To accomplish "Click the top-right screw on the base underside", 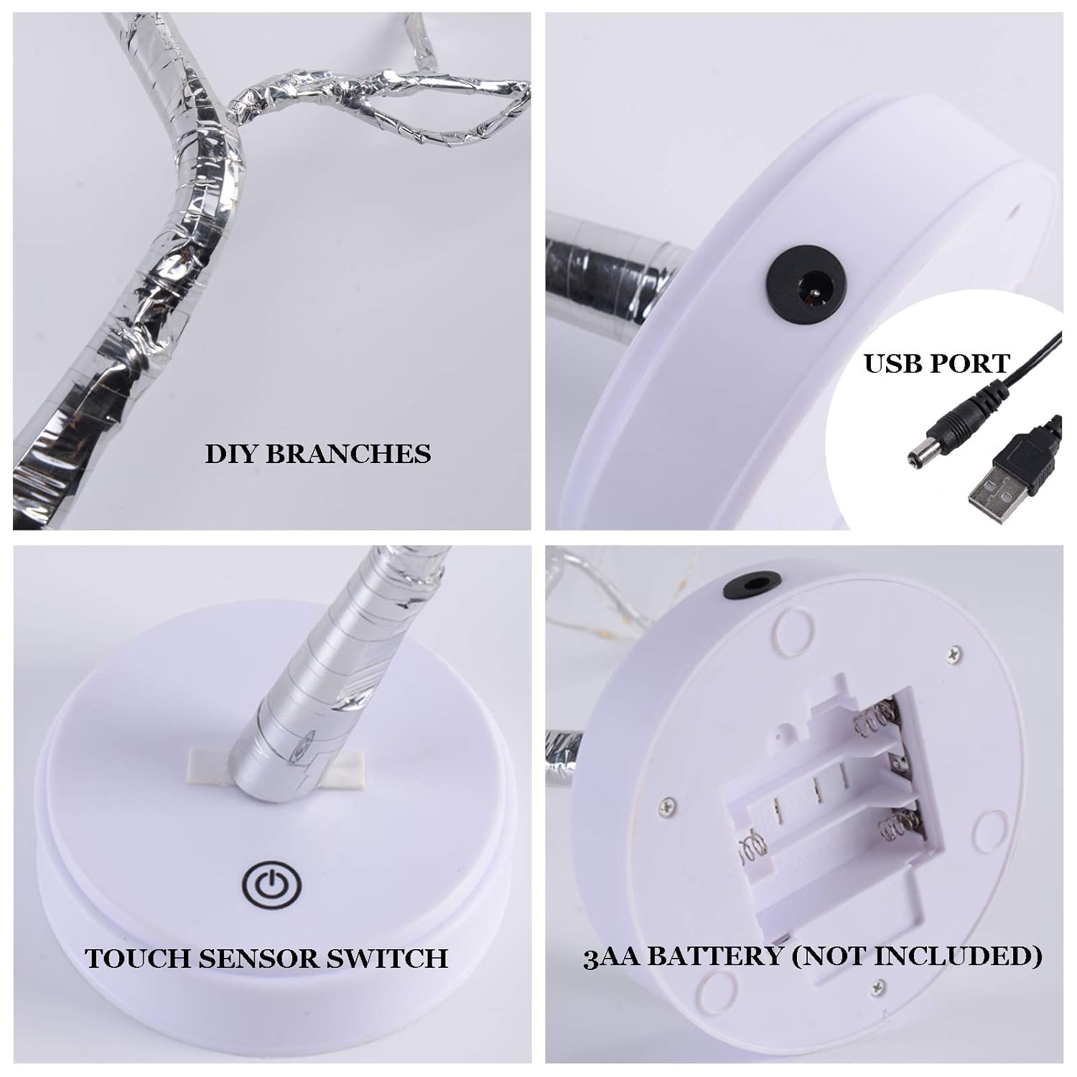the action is point(953,651).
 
